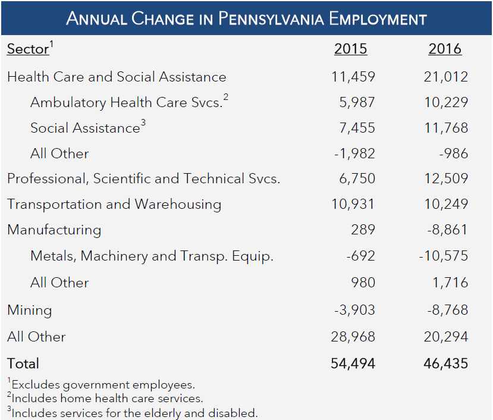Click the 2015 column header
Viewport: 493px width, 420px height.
[350, 49]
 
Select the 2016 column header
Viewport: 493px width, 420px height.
[444, 49]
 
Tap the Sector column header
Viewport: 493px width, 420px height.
[27, 49]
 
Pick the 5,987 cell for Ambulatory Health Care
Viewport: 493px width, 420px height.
[356, 102]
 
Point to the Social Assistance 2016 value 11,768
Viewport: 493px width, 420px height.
[447, 128]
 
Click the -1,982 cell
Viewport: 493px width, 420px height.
[354, 153]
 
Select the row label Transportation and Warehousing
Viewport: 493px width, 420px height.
[114, 205]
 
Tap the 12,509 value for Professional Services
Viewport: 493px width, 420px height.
[447, 178]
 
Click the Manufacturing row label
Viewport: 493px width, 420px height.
[54, 230]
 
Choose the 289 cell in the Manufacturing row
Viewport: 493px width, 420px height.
[363, 230]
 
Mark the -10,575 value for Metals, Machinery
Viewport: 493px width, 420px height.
[443, 256]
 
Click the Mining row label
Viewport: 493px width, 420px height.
[30, 310]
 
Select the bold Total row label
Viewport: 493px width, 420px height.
[23, 363]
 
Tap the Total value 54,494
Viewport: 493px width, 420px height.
[353, 363]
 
